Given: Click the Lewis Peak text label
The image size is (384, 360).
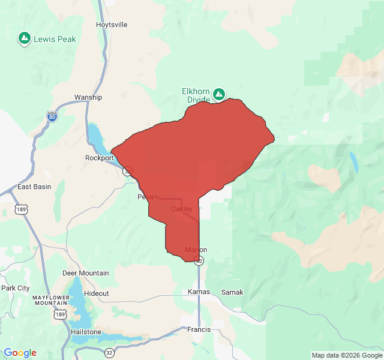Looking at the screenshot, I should click(x=55, y=39).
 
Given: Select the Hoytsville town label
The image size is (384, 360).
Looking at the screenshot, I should click(x=112, y=25).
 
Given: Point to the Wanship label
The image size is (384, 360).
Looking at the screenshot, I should click(x=88, y=97).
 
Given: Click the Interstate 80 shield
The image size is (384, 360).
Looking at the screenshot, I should click(x=52, y=116).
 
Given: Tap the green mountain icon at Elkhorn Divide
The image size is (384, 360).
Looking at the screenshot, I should click(x=220, y=94).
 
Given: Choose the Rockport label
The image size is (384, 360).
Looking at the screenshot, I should click(x=99, y=158).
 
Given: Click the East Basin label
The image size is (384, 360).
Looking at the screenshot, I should click(x=34, y=187).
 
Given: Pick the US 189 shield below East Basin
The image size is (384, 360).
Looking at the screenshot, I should click(x=22, y=209).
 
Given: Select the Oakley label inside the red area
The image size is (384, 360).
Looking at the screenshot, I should click(x=182, y=209).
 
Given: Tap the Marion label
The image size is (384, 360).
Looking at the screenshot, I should click(x=196, y=250).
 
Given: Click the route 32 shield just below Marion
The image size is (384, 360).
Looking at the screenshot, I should click(x=199, y=260).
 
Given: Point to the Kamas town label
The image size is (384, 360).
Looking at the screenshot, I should click(x=199, y=292).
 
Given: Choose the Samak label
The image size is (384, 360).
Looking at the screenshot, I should click(x=232, y=292).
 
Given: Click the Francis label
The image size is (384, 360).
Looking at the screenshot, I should click(x=199, y=329).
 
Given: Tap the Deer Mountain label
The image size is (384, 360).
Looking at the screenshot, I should click(x=86, y=273).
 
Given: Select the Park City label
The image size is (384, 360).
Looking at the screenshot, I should click(x=16, y=288).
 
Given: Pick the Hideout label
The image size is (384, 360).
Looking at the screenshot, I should click(x=97, y=293).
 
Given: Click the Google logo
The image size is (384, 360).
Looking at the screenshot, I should click(x=20, y=353).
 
